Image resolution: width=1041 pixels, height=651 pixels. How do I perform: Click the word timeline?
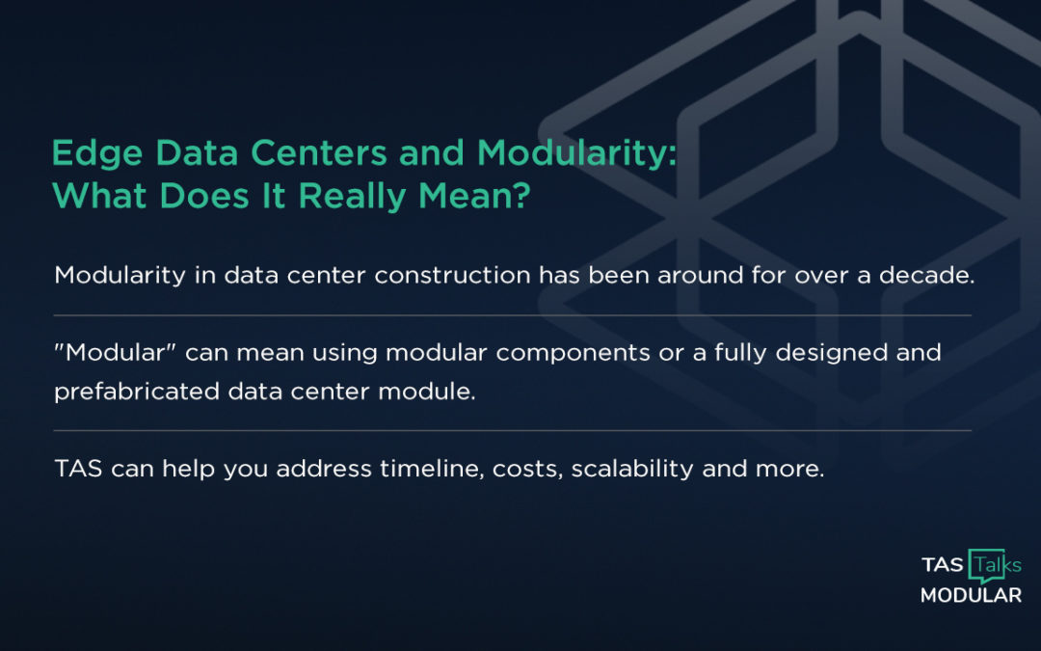coord(417,470)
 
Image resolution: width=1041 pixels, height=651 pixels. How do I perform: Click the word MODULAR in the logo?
coord(970,596)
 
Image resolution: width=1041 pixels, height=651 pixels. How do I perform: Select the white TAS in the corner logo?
coord(942,565)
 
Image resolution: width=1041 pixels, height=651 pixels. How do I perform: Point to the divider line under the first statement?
coord(512,315)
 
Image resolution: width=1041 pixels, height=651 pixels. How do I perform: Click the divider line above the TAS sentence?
coord(512,430)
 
